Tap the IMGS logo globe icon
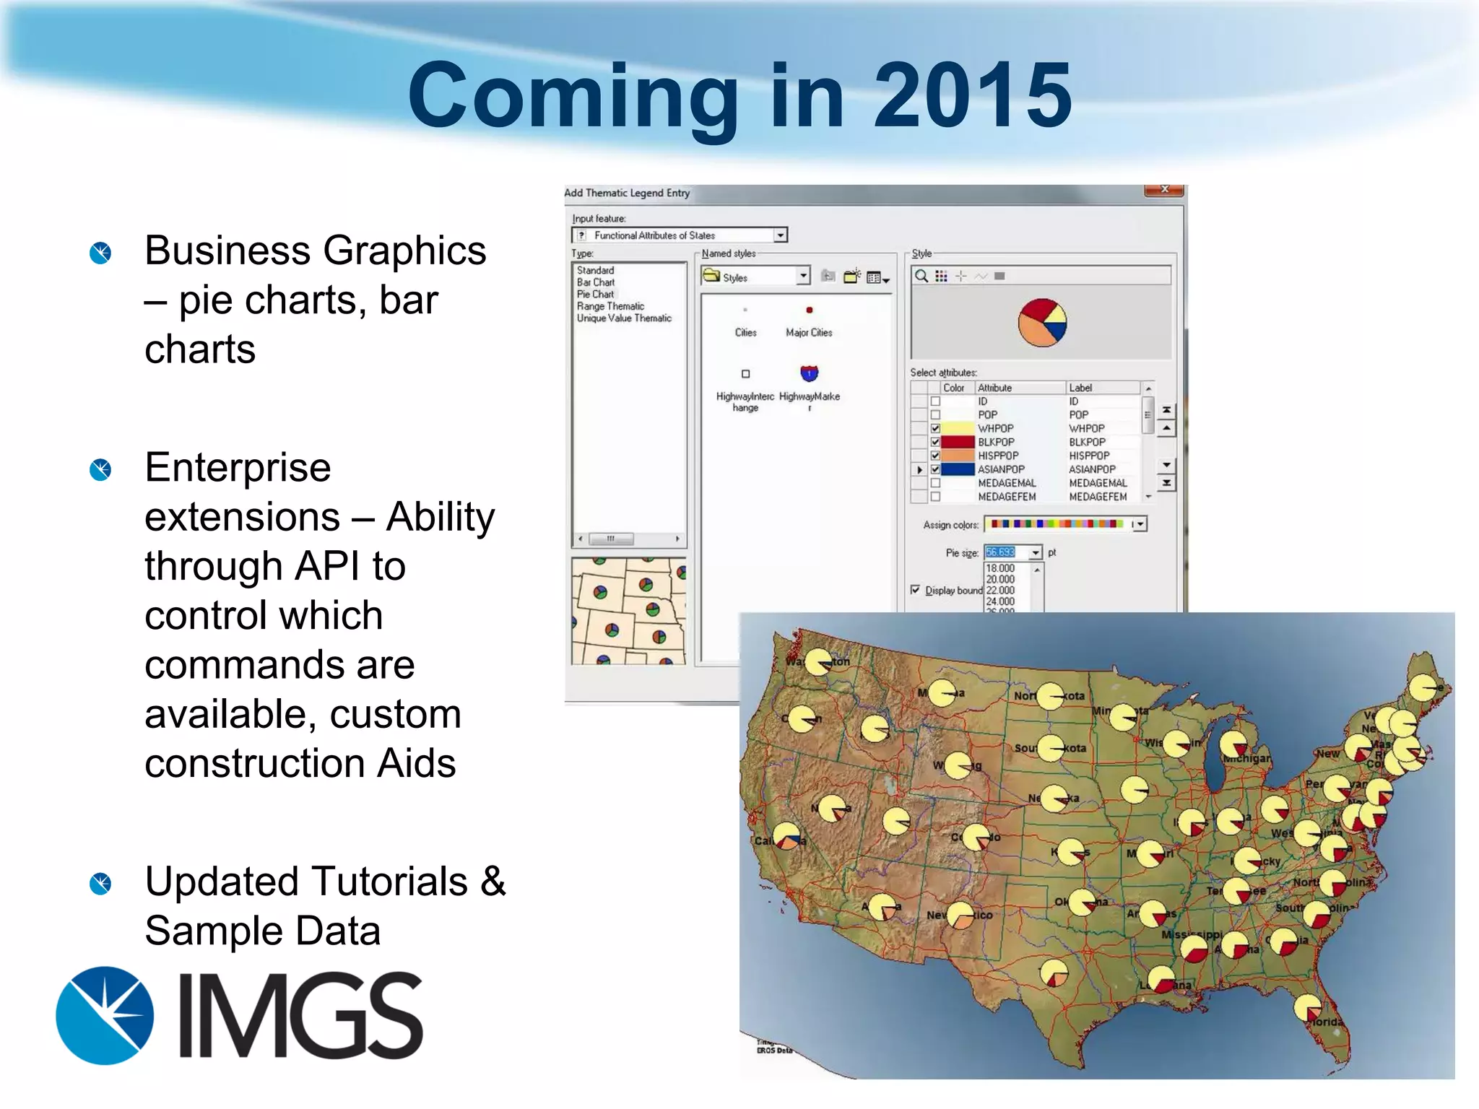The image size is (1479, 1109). click(x=105, y=1015)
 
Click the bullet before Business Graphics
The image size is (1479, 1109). click(x=100, y=253)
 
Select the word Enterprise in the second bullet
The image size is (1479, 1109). click(x=238, y=468)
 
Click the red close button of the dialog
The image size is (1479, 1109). click(x=1164, y=190)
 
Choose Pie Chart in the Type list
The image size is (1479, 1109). click(x=595, y=294)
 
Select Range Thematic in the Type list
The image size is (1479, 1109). click(x=610, y=306)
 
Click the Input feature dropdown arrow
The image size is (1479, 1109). click(x=780, y=235)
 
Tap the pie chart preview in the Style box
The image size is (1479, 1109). click(x=1042, y=323)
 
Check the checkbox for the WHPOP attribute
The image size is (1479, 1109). click(x=935, y=428)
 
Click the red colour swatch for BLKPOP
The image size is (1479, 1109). click(x=958, y=442)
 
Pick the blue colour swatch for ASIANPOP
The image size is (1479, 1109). click(x=958, y=469)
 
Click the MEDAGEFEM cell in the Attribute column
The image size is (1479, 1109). click(x=1007, y=497)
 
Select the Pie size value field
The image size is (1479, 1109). click(x=1005, y=552)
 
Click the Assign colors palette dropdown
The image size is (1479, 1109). click(x=1139, y=524)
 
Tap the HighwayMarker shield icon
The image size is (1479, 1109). click(x=810, y=374)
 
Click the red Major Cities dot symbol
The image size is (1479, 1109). click(x=810, y=310)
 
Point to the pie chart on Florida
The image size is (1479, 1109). click(x=1307, y=1008)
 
